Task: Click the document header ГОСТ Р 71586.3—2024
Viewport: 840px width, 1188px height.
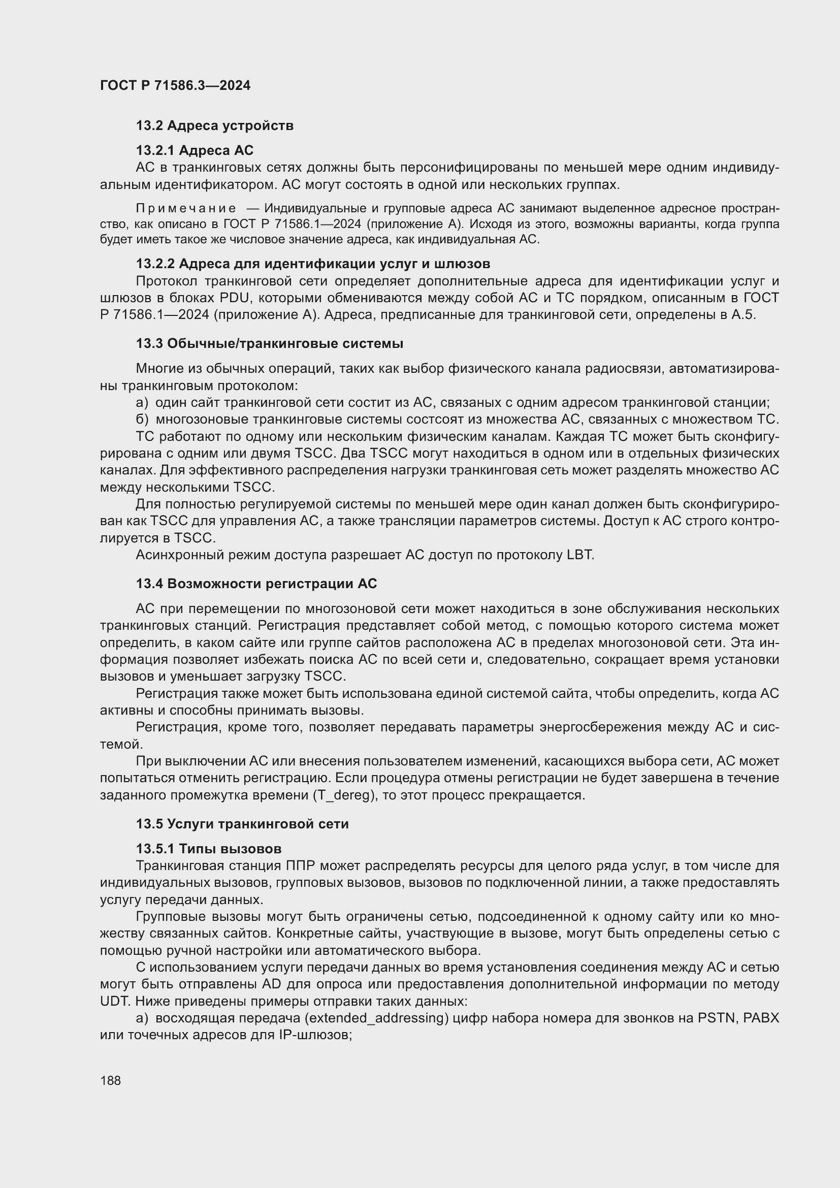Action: pos(175,85)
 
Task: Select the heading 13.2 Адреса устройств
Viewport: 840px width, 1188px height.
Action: pos(215,126)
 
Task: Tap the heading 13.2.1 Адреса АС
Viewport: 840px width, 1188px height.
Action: pos(195,150)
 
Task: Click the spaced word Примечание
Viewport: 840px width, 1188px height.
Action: pos(186,209)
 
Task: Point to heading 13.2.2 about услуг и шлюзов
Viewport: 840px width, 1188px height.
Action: pos(313,264)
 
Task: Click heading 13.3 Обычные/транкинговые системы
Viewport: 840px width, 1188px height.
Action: pos(270,343)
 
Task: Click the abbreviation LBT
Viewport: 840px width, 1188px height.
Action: pos(580,555)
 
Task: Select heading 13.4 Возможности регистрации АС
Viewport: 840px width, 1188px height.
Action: pos(256,584)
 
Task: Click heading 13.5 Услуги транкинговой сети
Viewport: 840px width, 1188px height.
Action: pos(242,824)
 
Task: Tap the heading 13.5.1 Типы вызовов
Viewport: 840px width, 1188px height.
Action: pos(208,849)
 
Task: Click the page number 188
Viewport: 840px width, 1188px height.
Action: pos(110,1080)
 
